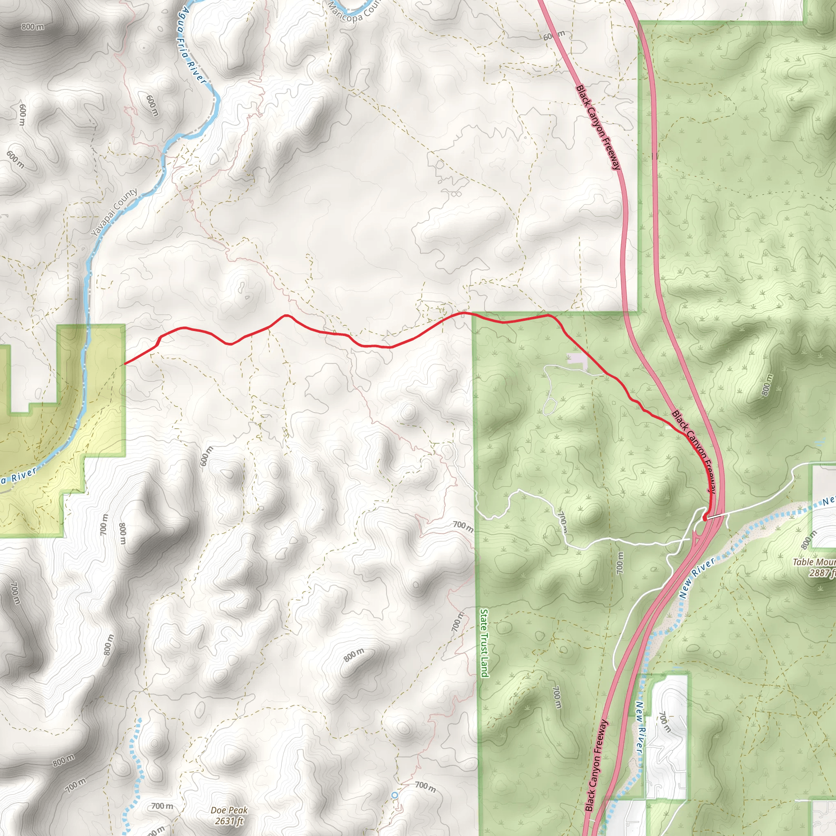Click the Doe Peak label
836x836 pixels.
tap(229, 810)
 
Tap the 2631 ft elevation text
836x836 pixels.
tap(229, 820)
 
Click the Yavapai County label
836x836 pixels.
tap(114, 212)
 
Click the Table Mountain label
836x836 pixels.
tap(814, 562)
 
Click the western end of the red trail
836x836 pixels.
tap(125, 363)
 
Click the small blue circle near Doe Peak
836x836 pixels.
tap(394, 795)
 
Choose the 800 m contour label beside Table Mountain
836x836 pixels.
tap(809, 540)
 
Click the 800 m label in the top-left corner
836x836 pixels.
tap(33, 27)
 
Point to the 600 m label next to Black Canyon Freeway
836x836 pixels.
tap(554, 36)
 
